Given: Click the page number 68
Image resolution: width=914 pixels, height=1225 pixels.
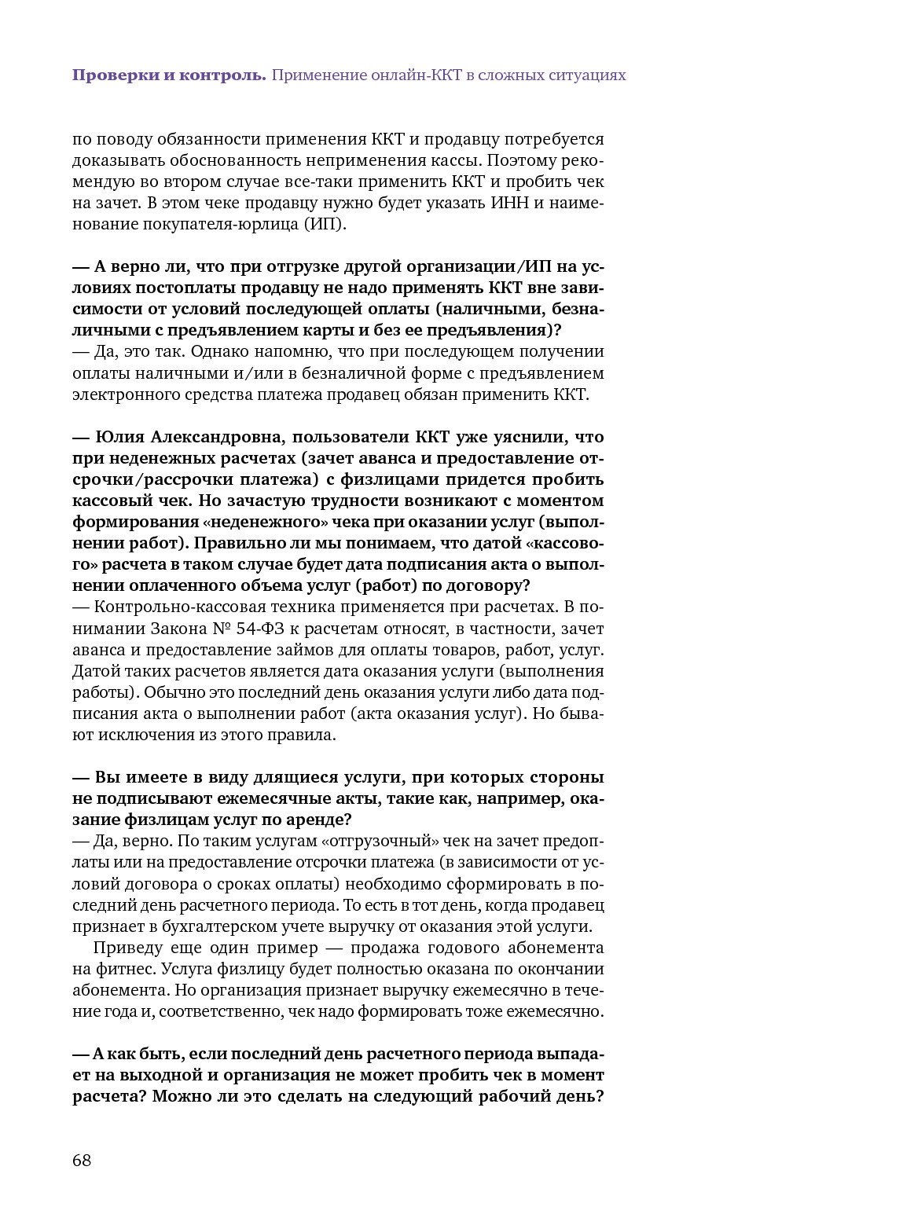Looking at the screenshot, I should tap(82, 1161).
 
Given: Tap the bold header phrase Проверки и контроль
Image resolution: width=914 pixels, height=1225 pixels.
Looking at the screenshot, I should tap(169, 75).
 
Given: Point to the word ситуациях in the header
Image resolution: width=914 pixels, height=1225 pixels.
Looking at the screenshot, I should tap(582, 75).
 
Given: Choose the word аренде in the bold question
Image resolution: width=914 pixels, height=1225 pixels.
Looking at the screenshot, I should tap(317, 820).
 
